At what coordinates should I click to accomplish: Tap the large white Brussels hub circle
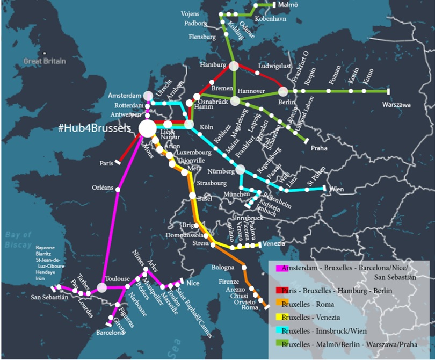point(147,128)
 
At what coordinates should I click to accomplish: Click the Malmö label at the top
point(287,5)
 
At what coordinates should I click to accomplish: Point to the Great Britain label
point(45,61)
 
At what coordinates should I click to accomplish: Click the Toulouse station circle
point(102,287)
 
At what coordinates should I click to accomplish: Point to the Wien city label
point(336,189)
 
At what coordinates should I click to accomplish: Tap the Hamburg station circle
point(234,66)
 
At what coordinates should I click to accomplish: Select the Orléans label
point(103,188)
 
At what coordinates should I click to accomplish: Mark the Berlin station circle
point(283,91)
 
